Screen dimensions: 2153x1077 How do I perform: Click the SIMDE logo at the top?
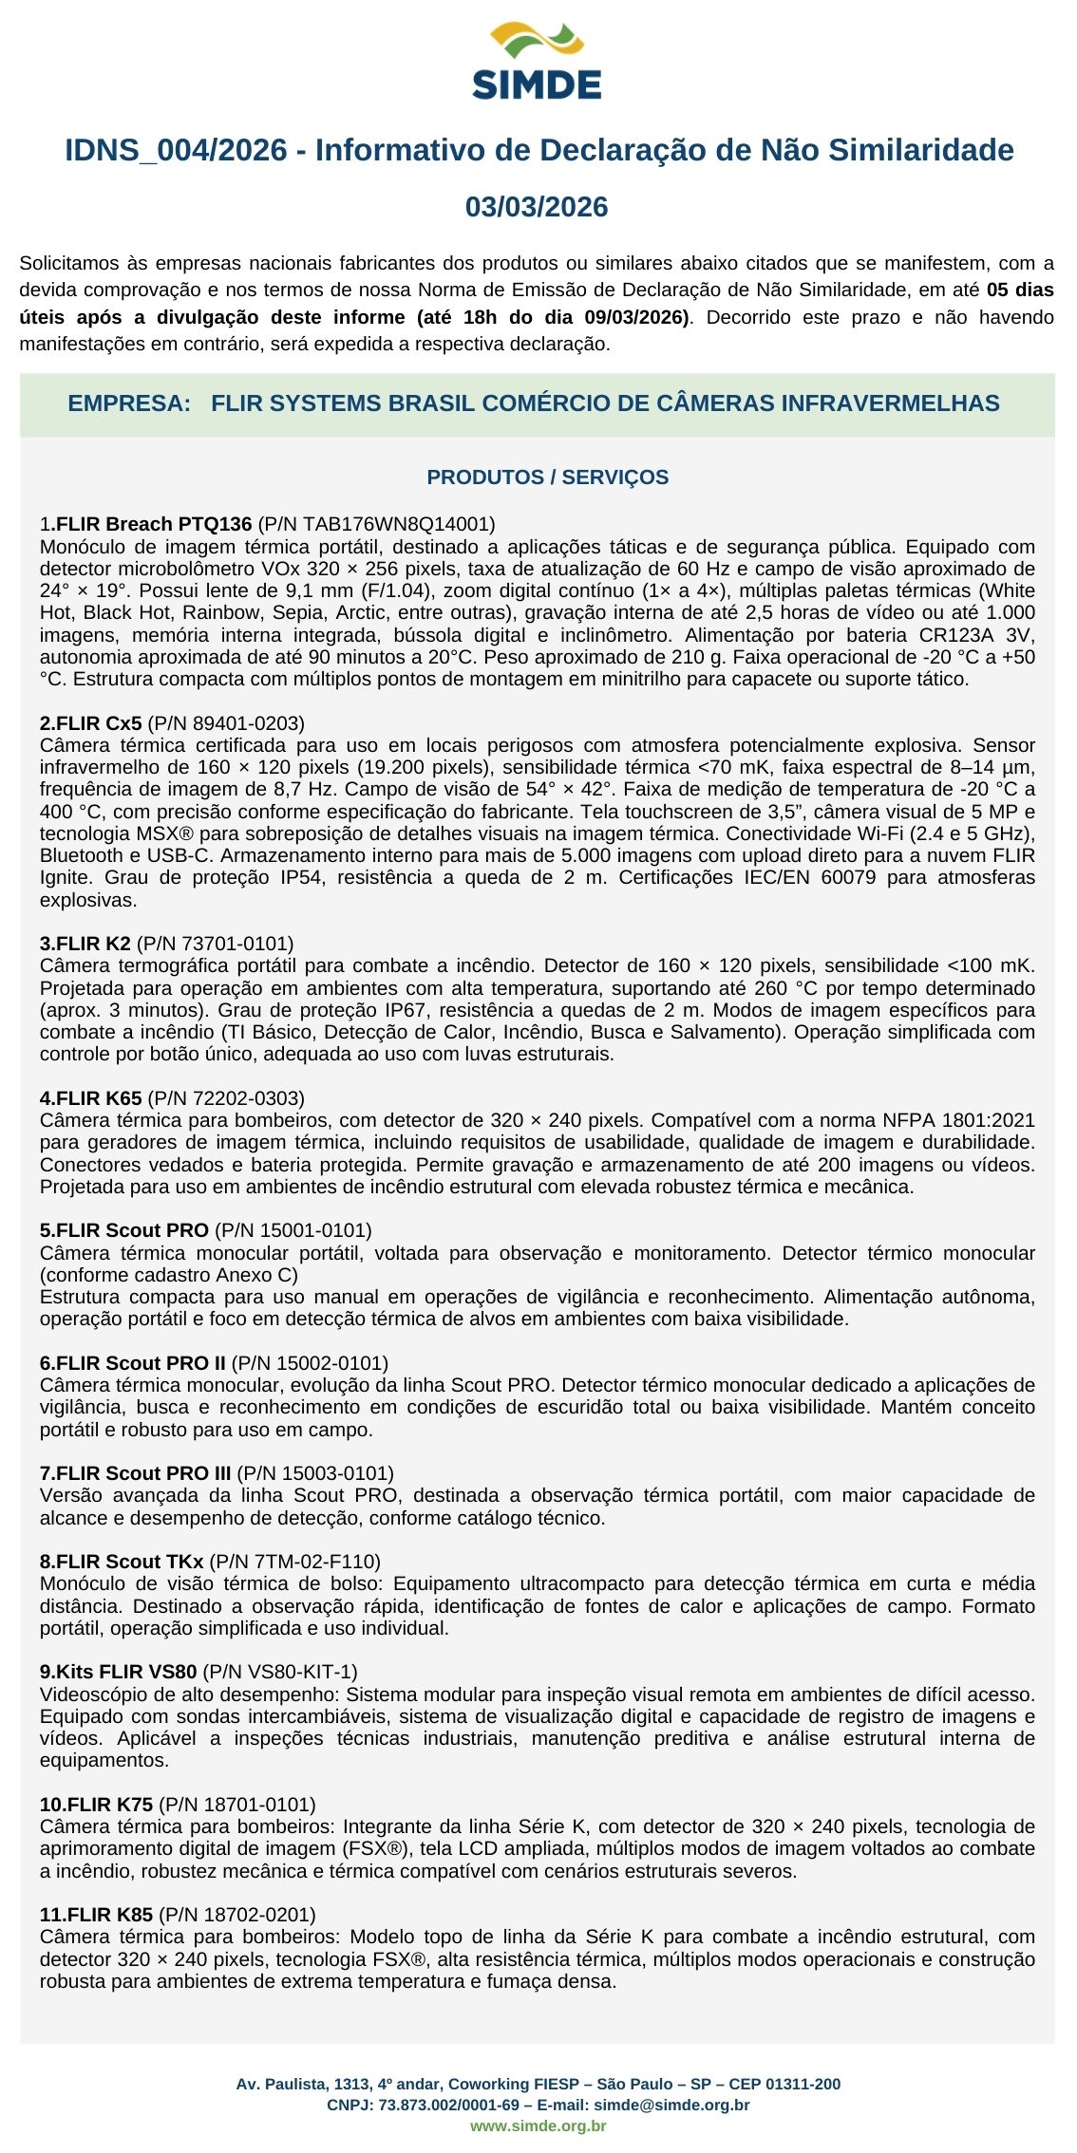pyautogui.click(x=537, y=62)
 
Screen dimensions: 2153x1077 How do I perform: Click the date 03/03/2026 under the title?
pyautogui.click(x=537, y=207)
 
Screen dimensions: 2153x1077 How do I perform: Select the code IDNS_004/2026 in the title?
pyautogui.click(x=176, y=150)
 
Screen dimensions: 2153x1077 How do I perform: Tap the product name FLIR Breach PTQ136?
pyautogui.click(x=153, y=524)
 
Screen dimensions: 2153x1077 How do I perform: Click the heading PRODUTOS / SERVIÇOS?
pyautogui.click(x=548, y=477)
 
